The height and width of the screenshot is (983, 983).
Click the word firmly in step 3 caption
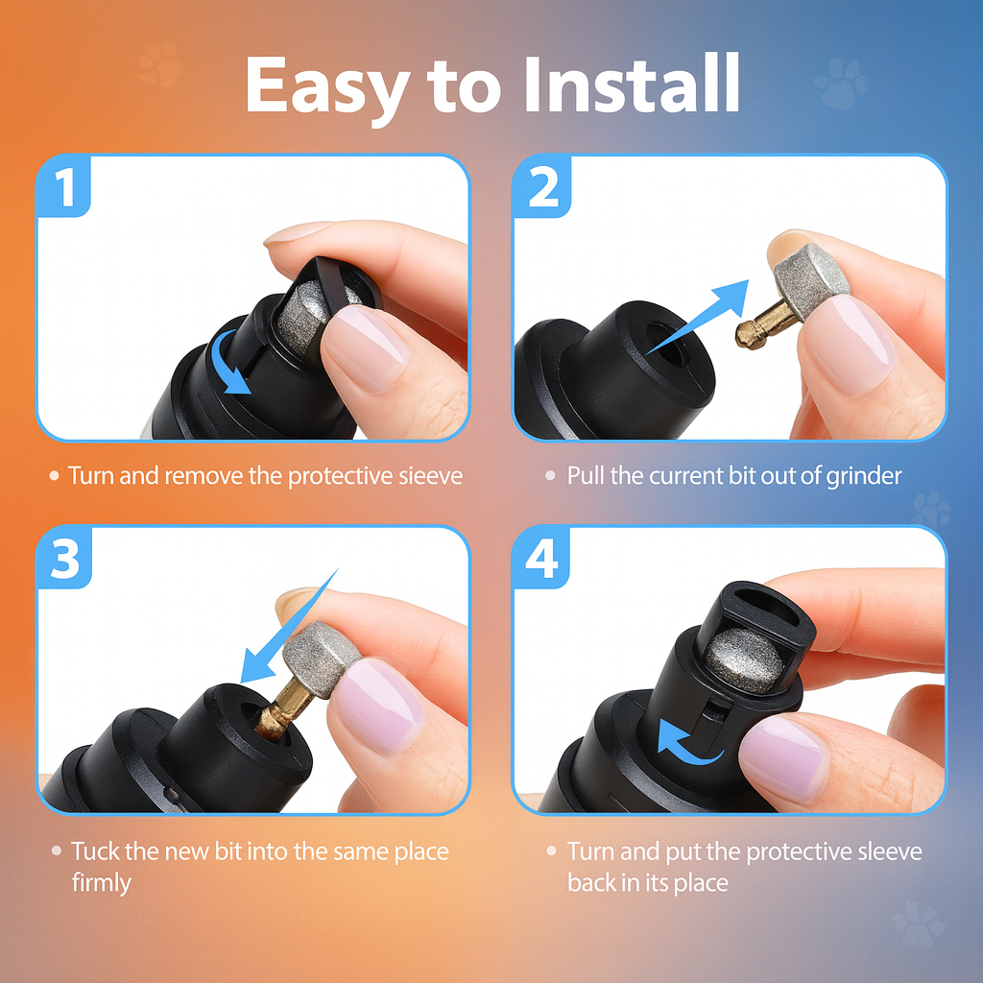[100, 882]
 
